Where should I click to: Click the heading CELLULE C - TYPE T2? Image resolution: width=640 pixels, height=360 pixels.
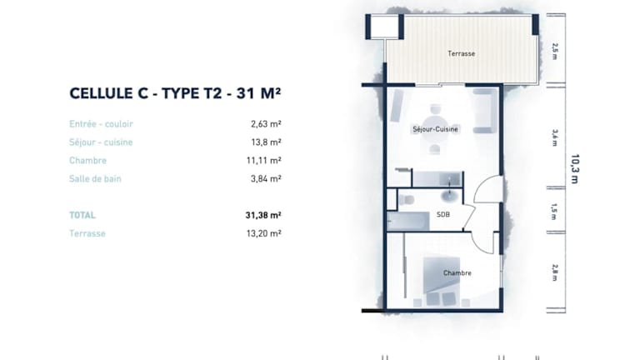click(x=145, y=93)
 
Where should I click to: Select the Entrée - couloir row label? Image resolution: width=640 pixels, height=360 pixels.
click(x=101, y=123)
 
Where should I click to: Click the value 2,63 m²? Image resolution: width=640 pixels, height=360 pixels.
click(x=266, y=123)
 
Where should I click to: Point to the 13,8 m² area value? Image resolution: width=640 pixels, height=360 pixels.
click(x=266, y=142)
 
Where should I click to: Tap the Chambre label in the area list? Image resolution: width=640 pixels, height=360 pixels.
click(x=87, y=160)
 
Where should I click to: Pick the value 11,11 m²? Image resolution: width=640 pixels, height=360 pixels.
click(x=263, y=160)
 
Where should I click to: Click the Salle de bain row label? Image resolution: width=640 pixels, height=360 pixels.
click(x=95, y=178)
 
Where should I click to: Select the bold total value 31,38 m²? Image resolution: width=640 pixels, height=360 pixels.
click(x=263, y=215)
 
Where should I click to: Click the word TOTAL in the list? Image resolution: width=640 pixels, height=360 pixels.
click(x=82, y=215)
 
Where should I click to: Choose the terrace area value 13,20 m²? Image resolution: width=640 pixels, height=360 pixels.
click(x=263, y=233)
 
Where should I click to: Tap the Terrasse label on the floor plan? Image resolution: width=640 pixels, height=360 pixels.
click(x=461, y=53)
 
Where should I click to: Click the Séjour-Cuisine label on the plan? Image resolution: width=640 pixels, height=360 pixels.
click(x=435, y=129)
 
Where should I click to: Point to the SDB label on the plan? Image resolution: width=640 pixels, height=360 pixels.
click(x=443, y=214)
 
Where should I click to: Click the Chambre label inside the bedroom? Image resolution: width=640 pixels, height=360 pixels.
click(x=457, y=272)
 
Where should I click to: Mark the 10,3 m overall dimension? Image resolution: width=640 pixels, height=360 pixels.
click(x=575, y=169)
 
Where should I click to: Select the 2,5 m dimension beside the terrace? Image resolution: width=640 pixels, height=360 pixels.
click(x=554, y=52)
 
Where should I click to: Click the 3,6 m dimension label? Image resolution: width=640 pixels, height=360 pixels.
click(x=554, y=137)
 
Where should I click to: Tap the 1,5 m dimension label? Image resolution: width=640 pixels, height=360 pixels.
click(x=554, y=212)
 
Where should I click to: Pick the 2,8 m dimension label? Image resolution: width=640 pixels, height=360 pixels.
click(x=554, y=272)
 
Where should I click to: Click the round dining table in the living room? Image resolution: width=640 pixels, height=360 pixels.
click(x=435, y=129)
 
